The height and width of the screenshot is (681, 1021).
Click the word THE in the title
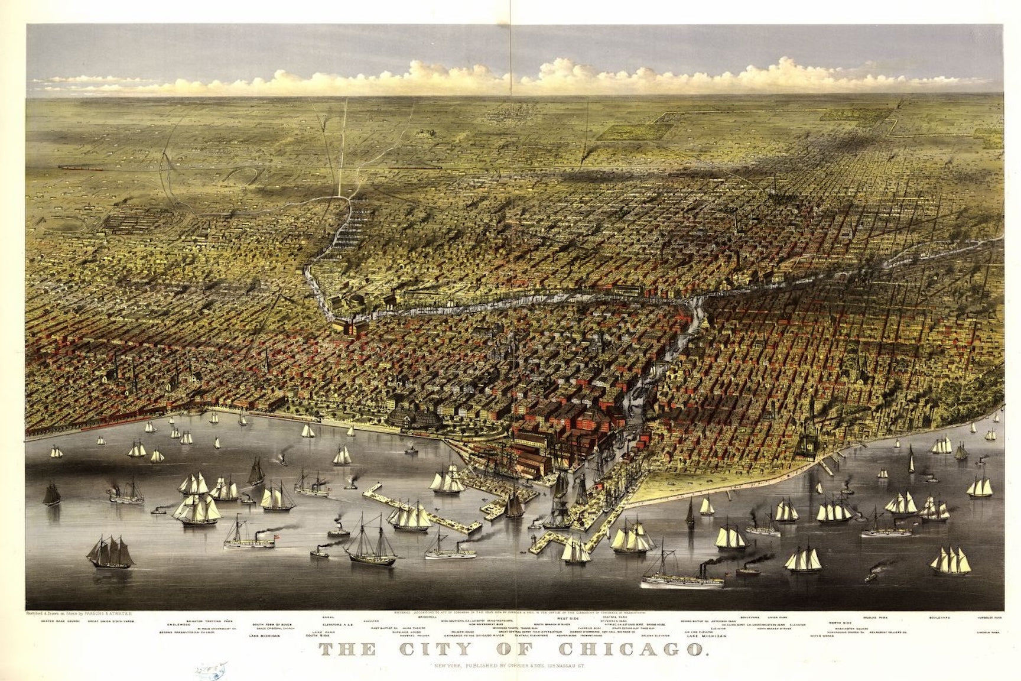347,650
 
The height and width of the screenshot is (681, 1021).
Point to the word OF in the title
535,650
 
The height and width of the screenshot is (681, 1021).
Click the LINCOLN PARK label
987,633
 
